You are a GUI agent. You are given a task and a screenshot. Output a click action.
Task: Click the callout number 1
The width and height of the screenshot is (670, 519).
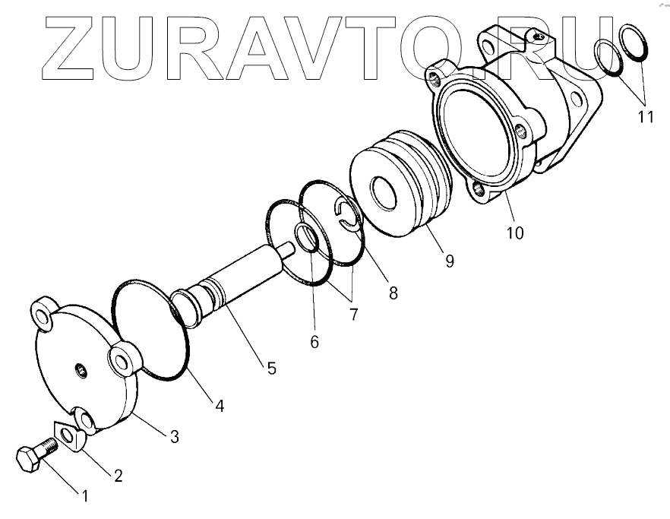[85, 496]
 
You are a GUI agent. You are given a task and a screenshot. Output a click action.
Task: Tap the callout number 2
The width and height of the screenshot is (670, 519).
[118, 476]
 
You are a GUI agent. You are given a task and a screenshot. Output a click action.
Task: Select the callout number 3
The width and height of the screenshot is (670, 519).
[174, 436]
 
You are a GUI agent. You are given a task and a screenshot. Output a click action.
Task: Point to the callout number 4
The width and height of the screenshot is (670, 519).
[219, 406]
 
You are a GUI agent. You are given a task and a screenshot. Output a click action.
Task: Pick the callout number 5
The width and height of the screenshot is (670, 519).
[271, 369]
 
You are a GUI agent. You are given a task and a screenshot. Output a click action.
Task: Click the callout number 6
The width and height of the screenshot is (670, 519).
[314, 342]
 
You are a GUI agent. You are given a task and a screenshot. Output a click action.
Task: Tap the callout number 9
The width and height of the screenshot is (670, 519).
[449, 261]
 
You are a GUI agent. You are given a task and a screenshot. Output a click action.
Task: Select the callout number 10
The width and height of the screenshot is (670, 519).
[515, 233]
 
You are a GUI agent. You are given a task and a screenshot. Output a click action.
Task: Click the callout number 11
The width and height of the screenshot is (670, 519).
[645, 117]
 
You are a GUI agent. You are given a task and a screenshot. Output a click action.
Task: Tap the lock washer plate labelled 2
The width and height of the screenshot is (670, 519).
[70, 437]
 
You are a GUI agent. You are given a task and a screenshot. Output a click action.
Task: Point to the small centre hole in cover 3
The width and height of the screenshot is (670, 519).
[80, 370]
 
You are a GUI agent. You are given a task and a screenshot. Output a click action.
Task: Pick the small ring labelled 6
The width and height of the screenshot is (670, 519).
[307, 239]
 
